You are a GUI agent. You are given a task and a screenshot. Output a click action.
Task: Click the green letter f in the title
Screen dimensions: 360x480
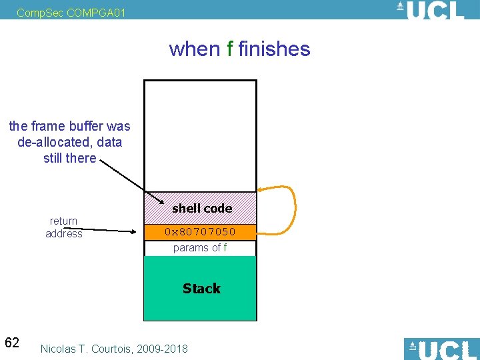230,49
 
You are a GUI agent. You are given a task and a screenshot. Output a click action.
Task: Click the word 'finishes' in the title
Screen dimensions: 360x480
274,49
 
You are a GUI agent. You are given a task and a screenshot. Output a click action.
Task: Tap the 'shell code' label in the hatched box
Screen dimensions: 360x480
201,208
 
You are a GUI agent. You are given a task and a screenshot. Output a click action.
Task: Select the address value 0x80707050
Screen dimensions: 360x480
201,232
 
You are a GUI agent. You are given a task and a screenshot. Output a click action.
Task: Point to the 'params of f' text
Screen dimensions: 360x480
200,247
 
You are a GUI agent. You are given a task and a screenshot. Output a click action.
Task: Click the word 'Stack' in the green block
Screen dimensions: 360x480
201,288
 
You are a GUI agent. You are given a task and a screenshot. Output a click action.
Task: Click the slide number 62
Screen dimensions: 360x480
12,343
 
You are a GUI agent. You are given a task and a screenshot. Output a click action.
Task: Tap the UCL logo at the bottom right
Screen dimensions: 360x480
441,349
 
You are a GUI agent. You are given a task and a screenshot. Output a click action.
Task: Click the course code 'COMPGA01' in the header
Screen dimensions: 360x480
95,12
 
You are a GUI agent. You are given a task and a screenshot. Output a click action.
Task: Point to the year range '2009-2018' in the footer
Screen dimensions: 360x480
164,349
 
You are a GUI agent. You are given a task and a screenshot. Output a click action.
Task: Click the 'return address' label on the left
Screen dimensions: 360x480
64,227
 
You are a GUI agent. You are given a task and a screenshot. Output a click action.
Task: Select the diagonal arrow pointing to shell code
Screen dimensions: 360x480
130,180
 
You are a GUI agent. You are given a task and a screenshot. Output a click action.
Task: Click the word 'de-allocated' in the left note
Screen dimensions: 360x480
57,142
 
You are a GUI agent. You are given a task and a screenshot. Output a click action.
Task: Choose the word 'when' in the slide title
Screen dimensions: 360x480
195,49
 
